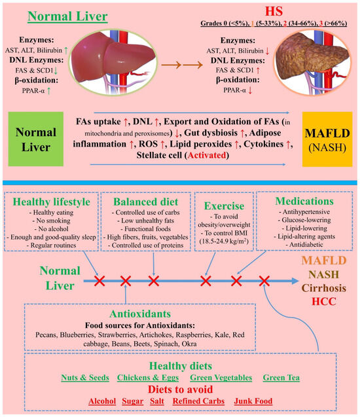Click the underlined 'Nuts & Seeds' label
point(84,378)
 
